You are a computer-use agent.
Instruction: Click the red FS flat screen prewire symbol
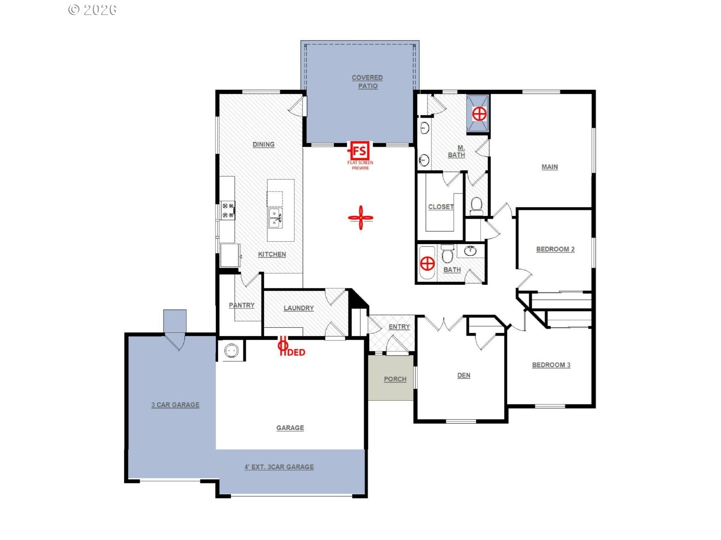coord(360,151)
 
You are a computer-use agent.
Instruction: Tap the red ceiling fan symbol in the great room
coord(360,217)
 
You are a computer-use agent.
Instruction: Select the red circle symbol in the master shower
coord(479,114)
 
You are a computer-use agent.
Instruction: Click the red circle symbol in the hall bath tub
coord(427,263)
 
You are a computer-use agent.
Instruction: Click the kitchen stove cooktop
coord(228,210)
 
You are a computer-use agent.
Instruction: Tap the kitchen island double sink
coord(275,218)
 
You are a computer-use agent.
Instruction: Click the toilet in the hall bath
coord(447,253)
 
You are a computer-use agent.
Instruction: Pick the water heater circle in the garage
coord(231,351)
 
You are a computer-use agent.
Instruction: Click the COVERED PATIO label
coord(367,82)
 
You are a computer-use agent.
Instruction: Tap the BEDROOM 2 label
coord(555,249)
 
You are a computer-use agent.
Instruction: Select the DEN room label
coord(463,375)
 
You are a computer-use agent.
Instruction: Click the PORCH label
coord(395,379)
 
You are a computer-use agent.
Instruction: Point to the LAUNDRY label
coord(299,308)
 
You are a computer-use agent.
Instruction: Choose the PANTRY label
coord(242,305)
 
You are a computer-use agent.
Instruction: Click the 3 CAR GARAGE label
coord(175,404)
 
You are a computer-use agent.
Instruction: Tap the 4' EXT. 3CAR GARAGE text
coord(279,467)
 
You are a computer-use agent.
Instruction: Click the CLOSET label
coord(441,207)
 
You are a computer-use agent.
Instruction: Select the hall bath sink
coord(471,251)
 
